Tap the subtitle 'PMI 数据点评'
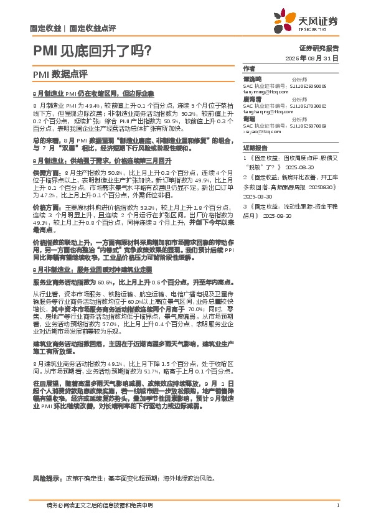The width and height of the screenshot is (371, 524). [x=60, y=73]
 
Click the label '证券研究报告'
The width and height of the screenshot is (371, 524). [x=319, y=47]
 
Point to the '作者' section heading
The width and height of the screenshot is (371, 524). [x=248, y=68]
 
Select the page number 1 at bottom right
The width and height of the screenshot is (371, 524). [x=337, y=505]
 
